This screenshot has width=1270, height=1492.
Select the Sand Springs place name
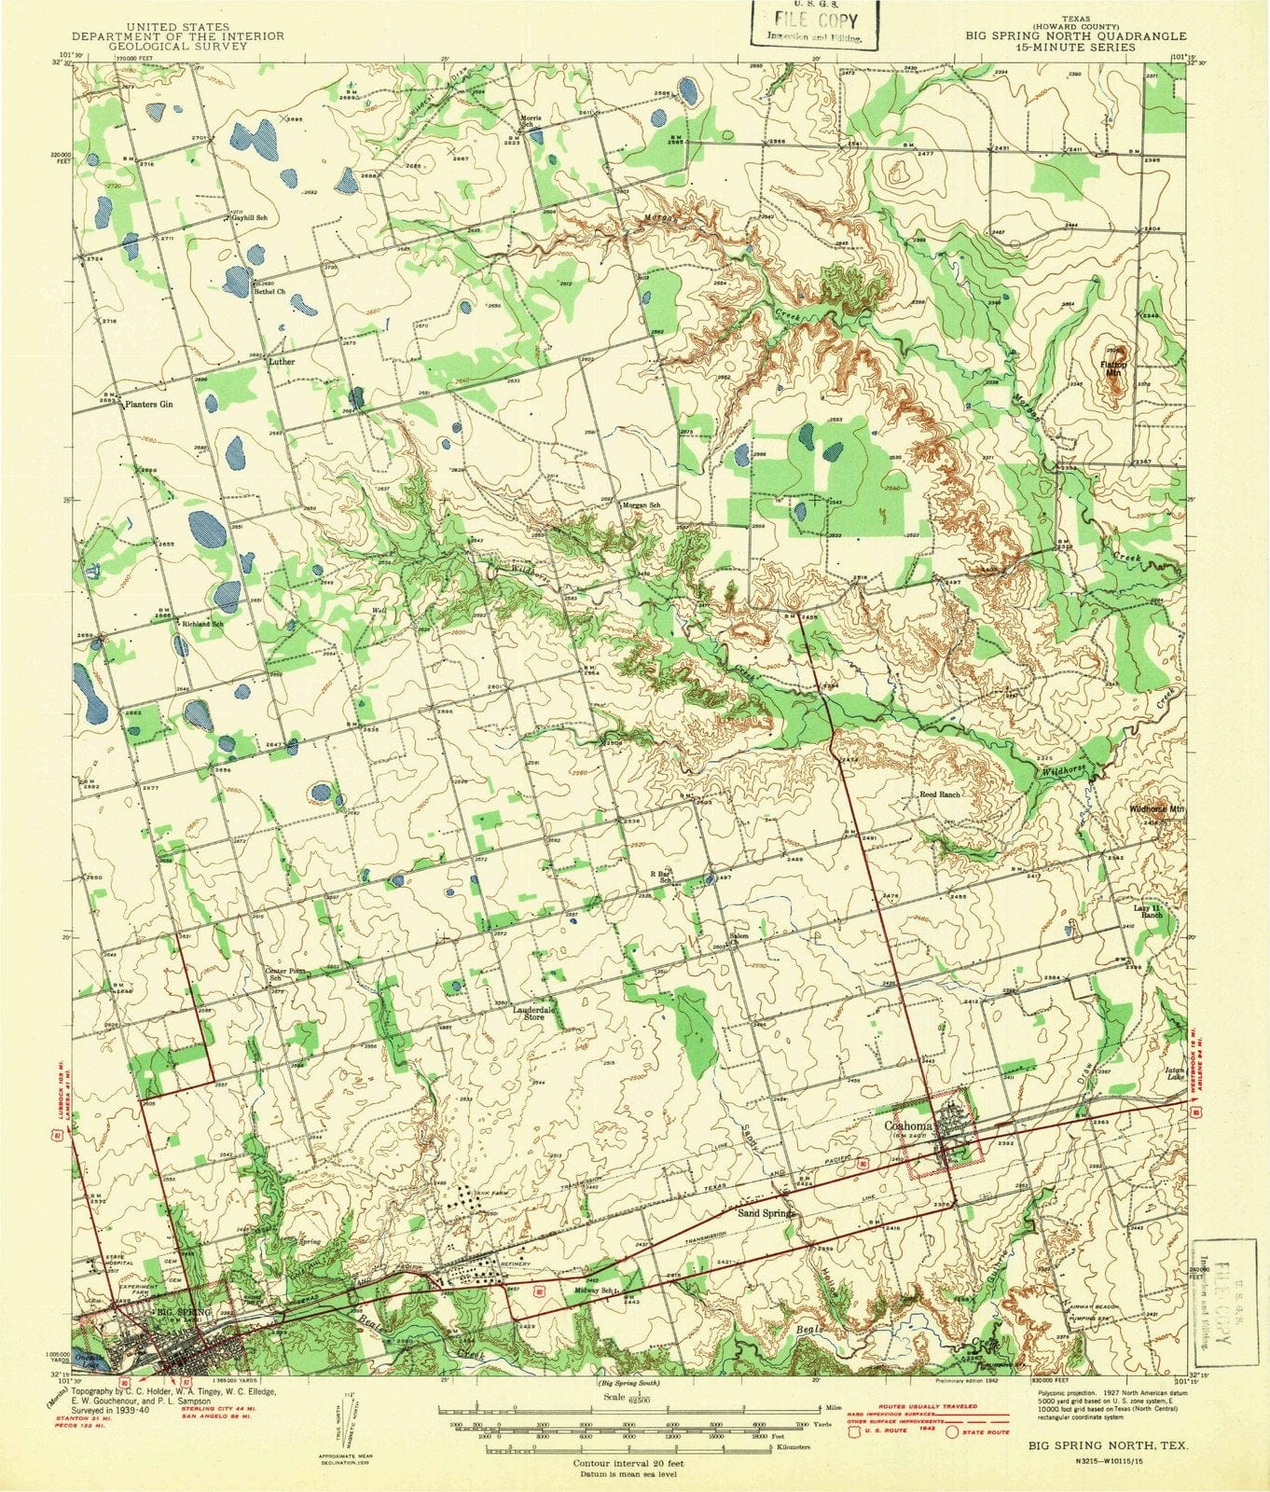(x=765, y=1214)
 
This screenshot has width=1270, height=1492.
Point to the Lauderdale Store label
(x=533, y=1013)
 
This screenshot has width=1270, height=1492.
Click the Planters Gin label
(x=150, y=405)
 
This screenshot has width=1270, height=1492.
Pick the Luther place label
(x=282, y=361)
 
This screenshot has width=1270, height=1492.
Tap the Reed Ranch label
(x=939, y=794)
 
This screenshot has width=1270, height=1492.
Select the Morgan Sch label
(x=642, y=504)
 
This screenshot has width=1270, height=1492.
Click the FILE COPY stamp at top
(x=810, y=23)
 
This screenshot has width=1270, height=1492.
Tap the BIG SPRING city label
(x=183, y=1312)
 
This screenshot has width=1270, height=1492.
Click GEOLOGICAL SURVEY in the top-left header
(x=165, y=45)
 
